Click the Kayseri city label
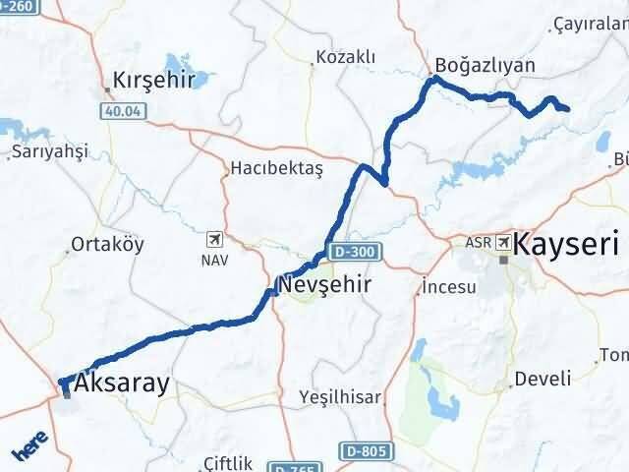click(566, 244)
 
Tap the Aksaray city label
click(122, 383)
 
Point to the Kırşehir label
click(154, 81)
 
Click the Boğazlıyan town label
click(487, 66)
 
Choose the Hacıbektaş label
click(276, 169)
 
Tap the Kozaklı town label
click(344, 57)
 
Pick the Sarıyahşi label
click(50, 151)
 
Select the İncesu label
click(448, 287)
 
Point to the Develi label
click(543, 379)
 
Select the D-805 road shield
click(366, 451)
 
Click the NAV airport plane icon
click(215, 238)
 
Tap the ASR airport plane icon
click(504, 241)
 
